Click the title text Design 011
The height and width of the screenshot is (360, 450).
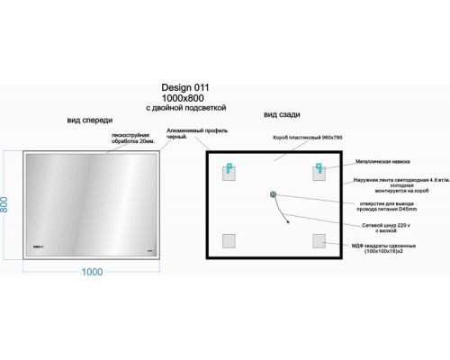[x=184, y=87]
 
